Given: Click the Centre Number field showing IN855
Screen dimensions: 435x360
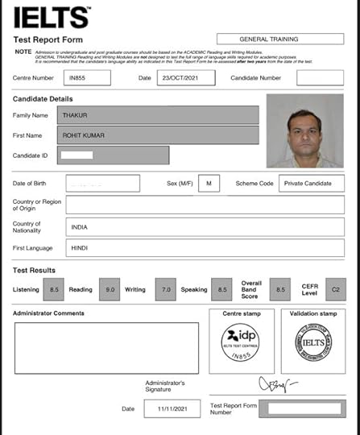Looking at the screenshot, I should point(85,78).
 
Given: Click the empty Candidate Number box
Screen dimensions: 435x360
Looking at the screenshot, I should point(319,78).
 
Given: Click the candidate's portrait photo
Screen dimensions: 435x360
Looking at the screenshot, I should point(303,130).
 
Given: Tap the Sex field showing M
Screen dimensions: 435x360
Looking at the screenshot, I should point(209,184).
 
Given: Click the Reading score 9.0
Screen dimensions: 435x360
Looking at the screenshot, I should point(110,288).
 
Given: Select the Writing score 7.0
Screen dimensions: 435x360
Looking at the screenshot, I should point(165,288).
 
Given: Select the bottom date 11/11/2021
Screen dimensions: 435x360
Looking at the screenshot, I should point(172,408).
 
